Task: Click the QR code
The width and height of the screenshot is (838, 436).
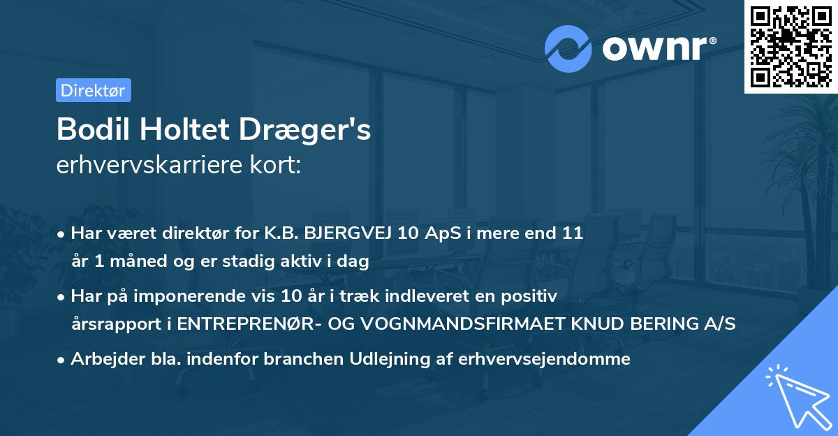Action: coord(791,46)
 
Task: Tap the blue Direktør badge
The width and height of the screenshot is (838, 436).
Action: coord(93,91)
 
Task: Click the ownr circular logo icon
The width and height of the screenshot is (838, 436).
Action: coord(568,48)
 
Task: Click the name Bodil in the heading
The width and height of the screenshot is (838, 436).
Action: coord(87,130)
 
